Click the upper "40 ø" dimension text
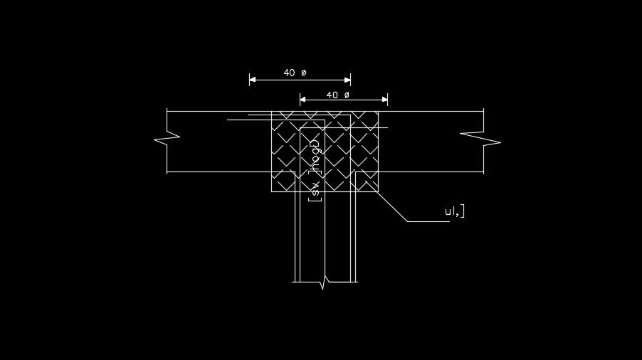295,73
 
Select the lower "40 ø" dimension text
337,95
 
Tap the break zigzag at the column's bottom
325,282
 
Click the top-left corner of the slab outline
167,111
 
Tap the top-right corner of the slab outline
484,111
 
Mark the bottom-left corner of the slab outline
167,172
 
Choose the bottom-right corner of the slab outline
484,172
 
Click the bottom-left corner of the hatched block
272,191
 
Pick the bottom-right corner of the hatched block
378,191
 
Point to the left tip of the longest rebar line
228,120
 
